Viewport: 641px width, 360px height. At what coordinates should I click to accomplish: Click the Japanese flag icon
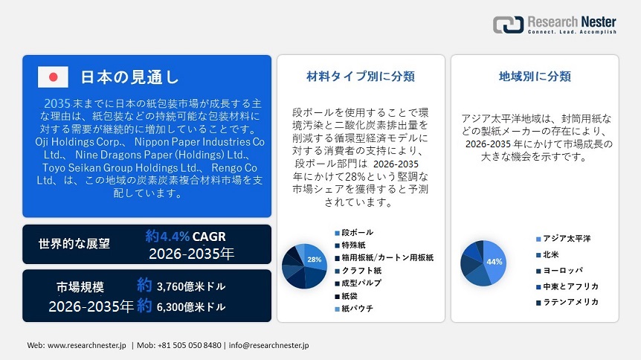coord(53,77)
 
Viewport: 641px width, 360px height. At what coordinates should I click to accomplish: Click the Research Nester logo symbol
coord(508,25)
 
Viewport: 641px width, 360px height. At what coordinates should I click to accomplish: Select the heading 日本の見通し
coord(129,77)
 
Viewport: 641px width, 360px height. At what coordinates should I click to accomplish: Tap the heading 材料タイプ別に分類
coord(361,76)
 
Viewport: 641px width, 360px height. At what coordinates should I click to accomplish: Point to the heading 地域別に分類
coord(535,76)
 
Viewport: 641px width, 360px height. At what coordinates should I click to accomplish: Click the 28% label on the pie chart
coord(314,260)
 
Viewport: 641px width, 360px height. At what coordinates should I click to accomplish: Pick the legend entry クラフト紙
coord(361,270)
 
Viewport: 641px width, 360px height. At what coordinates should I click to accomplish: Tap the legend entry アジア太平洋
coord(567,238)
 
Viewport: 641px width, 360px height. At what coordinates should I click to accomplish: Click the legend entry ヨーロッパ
coord(563,270)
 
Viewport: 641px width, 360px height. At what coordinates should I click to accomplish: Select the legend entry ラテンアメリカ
coord(570,301)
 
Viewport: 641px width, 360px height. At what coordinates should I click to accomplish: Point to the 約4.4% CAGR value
coord(185,237)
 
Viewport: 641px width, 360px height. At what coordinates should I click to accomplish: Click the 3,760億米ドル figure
coord(192,286)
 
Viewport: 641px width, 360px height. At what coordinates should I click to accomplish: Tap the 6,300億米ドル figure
coord(191,306)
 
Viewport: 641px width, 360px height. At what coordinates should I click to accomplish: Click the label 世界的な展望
coord(74,243)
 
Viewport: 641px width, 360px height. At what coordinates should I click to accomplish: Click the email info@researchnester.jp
coord(268,345)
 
